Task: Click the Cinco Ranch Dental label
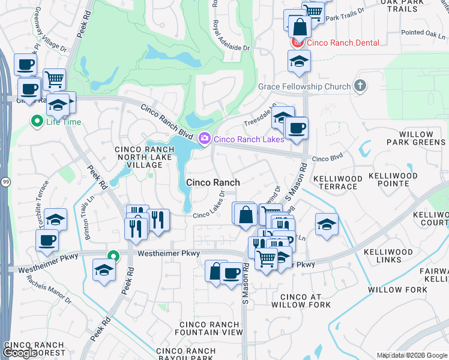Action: click(x=343, y=43)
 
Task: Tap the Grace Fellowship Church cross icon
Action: click(x=360, y=86)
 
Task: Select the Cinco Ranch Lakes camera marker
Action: click(x=205, y=139)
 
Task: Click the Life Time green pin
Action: click(x=36, y=122)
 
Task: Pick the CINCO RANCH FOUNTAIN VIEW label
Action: click(x=209, y=328)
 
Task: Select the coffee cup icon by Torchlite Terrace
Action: click(x=47, y=240)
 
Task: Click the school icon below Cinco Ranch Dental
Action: click(x=298, y=61)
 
